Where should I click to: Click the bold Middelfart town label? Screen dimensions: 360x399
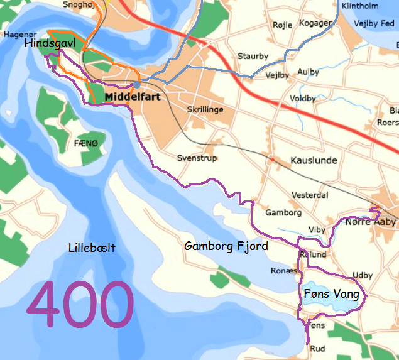[x=133, y=97]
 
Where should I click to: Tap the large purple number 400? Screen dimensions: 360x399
[x=80, y=305]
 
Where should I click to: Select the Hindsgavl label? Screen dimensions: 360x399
[x=51, y=43]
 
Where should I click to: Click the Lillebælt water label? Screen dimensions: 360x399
[x=92, y=248]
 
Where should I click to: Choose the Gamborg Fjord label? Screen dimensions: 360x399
[x=226, y=246]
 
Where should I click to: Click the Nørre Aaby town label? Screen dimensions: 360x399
[x=371, y=222]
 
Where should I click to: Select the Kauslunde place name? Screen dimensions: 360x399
[x=314, y=161]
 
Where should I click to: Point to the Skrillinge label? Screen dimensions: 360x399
[x=205, y=109]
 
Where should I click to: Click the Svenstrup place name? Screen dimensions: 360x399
[x=197, y=158]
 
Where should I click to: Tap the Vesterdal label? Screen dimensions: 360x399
[x=310, y=195]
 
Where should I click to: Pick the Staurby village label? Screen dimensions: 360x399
[x=253, y=56]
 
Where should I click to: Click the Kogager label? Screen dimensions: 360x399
[x=315, y=23]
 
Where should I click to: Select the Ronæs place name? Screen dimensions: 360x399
[x=283, y=271]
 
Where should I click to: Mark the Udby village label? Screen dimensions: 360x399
[x=363, y=275]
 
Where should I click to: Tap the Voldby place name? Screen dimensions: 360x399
[x=303, y=99]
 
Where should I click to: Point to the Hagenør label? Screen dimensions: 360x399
[x=16, y=34]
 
